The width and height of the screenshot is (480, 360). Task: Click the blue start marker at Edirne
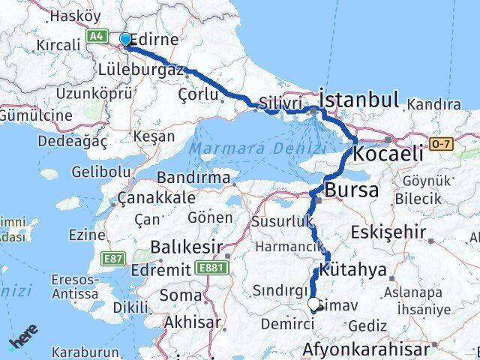(x=124, y=39)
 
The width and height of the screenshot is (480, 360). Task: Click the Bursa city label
(x=351, y=190)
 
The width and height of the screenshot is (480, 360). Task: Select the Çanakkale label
(x=157, y=199)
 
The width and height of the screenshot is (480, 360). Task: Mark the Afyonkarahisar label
(x=367, y=349)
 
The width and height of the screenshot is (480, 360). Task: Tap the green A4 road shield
(x=97, y=35)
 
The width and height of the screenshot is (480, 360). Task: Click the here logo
(x=25, y=340)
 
